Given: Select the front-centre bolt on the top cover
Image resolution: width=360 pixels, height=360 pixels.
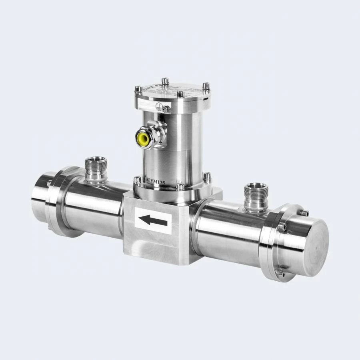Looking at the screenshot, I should (180, 94).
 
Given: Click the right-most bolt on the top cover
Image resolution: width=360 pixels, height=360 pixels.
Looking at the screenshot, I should (206, 86).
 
